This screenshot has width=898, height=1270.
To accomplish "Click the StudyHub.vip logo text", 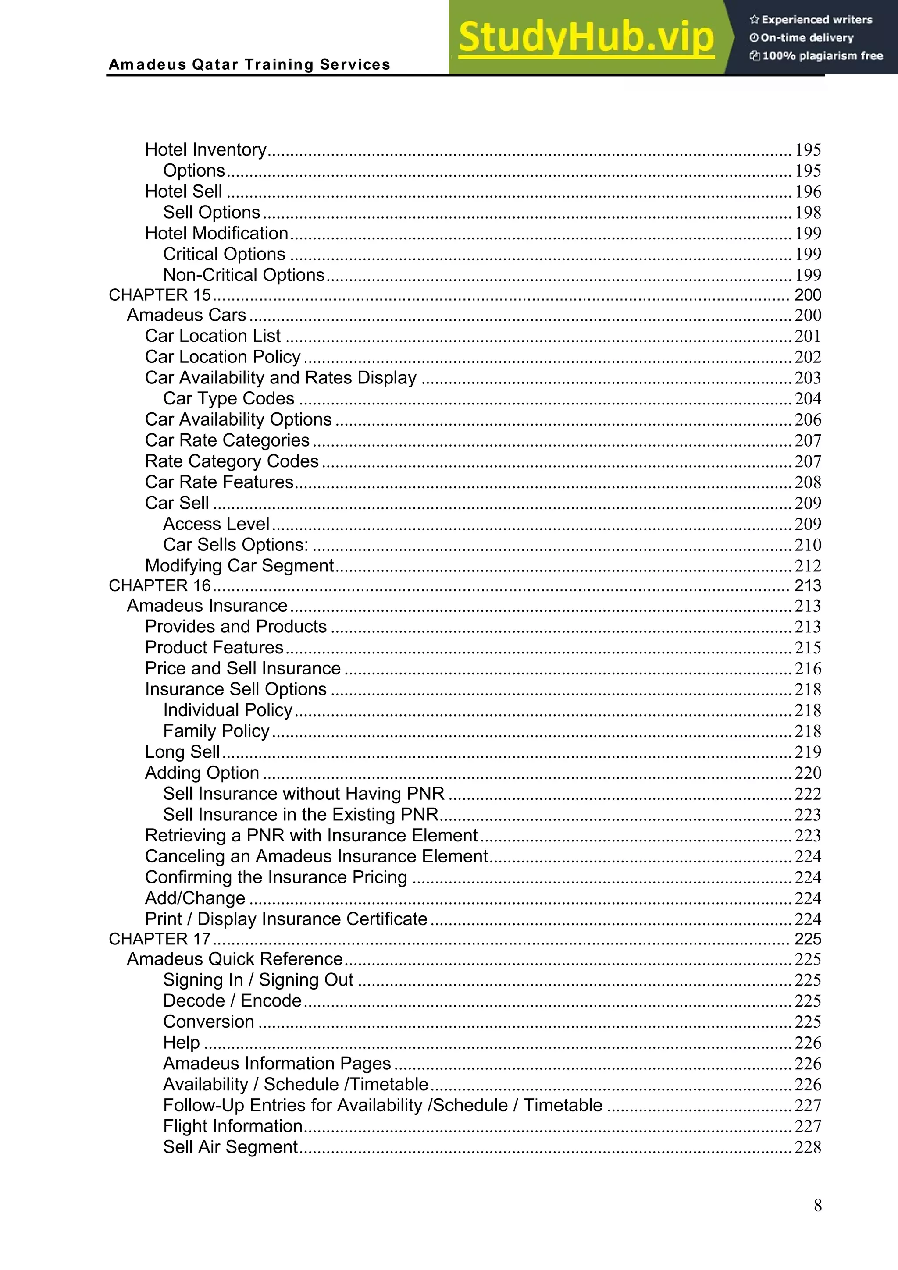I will (586, 37).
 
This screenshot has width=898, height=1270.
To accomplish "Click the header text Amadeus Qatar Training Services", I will (249, 65).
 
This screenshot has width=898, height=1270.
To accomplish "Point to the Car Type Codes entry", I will (228, 398).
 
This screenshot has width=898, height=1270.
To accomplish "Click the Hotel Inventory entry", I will (206, 149).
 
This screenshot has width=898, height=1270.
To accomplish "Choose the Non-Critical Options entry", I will (243, 275).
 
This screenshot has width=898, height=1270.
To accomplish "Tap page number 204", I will (808, 399).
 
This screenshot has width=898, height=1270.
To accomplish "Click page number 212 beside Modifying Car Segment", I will (808, 566).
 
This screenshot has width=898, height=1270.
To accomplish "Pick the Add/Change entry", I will (195, 898).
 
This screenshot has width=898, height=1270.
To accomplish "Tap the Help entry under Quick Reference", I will (182, 1043).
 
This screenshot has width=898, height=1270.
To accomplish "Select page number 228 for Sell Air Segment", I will (808, 1147).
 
